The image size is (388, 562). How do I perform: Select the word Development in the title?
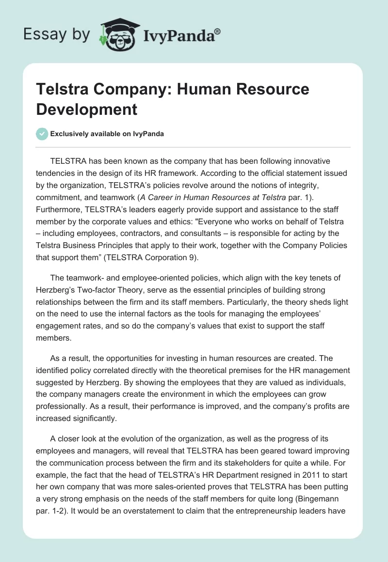click(x=87, y=109)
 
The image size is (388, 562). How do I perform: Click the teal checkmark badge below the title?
click(x=42, y=134)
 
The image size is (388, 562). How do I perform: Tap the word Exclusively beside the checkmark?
click(x=71, y=134)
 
